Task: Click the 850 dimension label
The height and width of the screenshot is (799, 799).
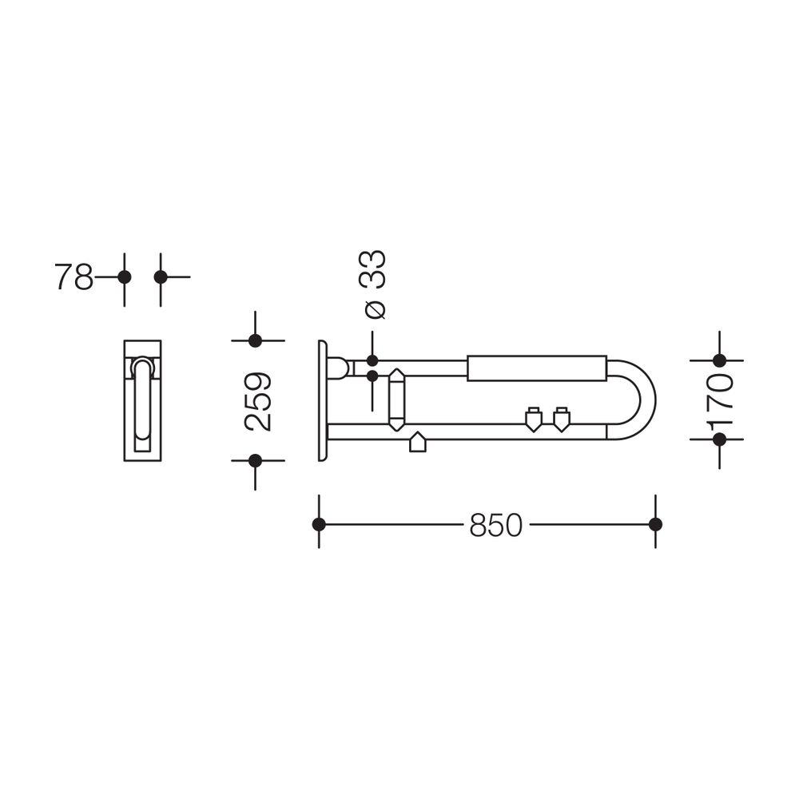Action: point(496,525)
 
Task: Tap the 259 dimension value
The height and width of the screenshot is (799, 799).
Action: point(258,402)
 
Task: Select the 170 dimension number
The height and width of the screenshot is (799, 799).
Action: point(720,399)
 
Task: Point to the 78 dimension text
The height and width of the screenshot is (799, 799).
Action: point(74,277)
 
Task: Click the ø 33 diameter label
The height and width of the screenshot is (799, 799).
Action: point(376,285)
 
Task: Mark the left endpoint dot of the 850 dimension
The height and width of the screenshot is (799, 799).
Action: point(319,524)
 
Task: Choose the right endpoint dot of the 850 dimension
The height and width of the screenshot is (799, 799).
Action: point(656,524)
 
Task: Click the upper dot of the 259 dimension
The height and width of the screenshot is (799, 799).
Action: point(256,340)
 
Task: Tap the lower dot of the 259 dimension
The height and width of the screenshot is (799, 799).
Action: point(256,461)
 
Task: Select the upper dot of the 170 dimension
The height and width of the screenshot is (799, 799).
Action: point(720,360)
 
